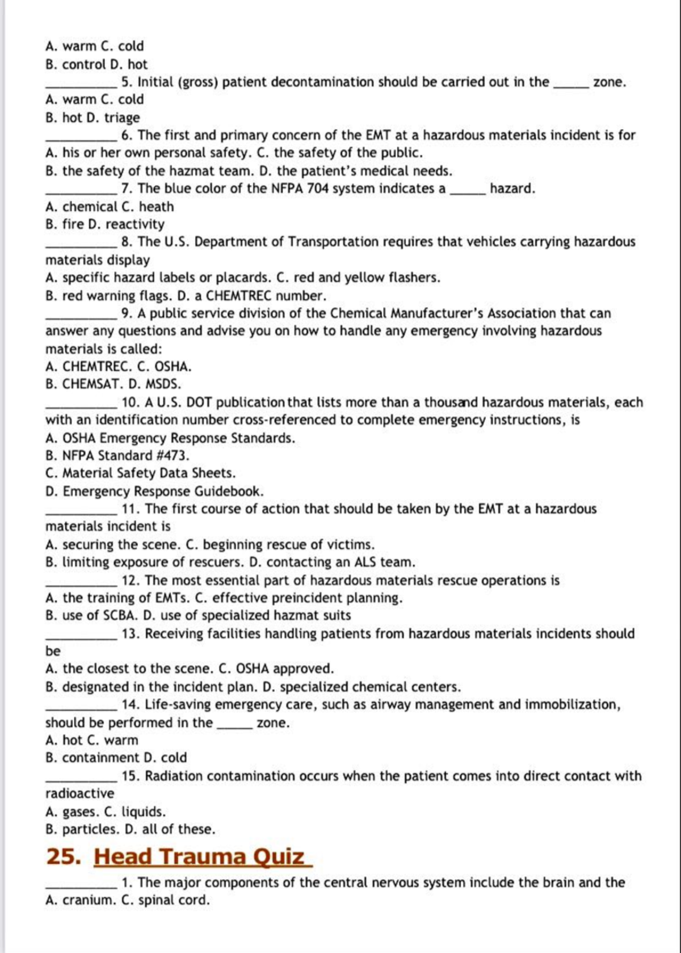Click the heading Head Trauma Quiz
tap(203, 857)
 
